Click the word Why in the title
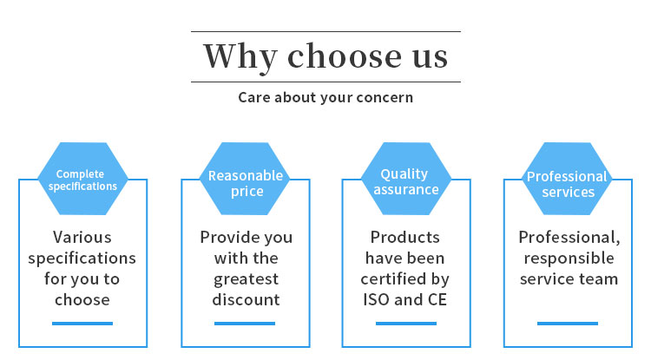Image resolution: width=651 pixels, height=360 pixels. click(240, 57)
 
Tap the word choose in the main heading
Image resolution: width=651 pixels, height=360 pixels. click(345, 56)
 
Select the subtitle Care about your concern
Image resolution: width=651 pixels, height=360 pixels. click(325, 98)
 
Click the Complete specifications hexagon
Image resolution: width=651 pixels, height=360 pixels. click(83, 179)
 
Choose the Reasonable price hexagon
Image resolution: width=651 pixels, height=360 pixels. click(245, 179)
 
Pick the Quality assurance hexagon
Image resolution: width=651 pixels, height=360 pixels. click(406, 179)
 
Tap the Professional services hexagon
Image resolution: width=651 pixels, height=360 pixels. click(567, 179)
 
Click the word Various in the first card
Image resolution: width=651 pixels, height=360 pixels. click(82, 237)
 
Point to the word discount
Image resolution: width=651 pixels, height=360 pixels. click(246, 299)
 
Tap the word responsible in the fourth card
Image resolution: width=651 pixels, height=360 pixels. click(569, 259)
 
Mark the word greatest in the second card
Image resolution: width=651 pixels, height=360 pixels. click(246, 280)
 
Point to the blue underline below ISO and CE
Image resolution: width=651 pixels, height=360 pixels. click(406, 324)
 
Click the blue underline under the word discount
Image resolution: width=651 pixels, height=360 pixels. click(245, 324)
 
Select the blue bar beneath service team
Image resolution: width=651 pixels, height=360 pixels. click(568, 324)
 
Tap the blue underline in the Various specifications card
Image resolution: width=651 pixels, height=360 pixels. click(82, 324)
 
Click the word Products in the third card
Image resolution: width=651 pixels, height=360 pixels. click(404, 237)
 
